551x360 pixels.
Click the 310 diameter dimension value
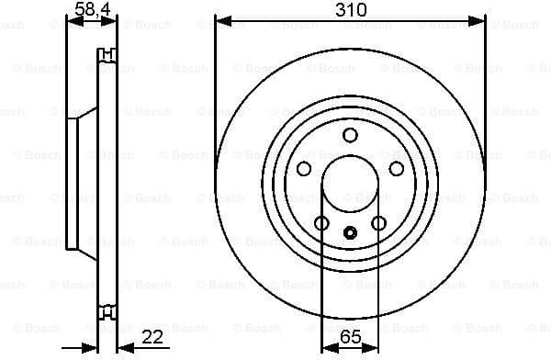pyautogui.click(x=350, y=10)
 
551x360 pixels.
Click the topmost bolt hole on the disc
pyautogui.click(x=350, y=136)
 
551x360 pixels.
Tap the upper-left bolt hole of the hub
pyautogui.click(x=304, y=169)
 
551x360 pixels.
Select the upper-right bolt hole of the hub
pyautogui.click(x=397, y=169)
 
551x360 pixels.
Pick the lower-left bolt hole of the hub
pyautogui.click(x=321, y=223)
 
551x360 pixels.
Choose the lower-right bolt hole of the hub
pyautogui.click(x=378, y=223)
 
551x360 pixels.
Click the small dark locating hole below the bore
pyautogui.click(x=350, y=232)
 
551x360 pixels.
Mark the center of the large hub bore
pyautogui.click(x=350, y=184)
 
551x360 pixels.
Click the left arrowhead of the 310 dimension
pyautogui.click(x=221, y=19)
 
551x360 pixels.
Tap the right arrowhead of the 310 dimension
pyautogui.click(x=479, y=19)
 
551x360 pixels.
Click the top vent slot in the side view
pyautogui.click(x=107, y=51)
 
